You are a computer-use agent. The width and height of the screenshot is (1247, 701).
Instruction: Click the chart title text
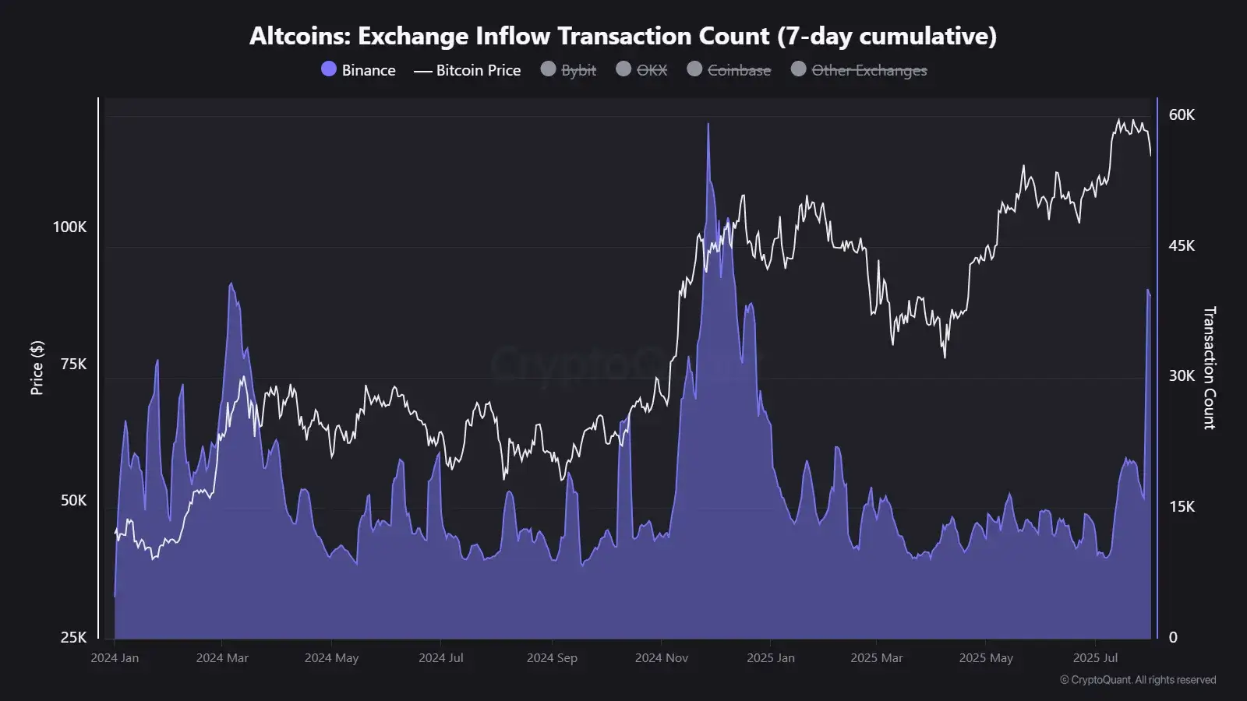[x=623, y=36]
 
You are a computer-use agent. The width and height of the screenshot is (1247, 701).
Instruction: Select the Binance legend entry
[x=359, y=70]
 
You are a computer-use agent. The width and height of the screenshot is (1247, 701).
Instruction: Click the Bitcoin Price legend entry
[x=468, y=70]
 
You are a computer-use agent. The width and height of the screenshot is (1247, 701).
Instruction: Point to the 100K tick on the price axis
[x=69, y=227]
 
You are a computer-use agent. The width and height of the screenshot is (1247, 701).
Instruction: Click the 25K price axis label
[x=73, y=637]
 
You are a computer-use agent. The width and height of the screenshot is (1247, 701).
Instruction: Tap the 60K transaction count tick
[x=1182, y=115]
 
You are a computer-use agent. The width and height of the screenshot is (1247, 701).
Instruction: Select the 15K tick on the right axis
[x=1182, y=507]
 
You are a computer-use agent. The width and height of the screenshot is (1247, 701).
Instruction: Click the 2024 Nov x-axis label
[x=661, y=658]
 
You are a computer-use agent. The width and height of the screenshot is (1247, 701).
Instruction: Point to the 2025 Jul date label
[x=1095, y=658]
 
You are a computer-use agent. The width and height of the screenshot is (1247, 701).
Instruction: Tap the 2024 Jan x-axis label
[x=115, y=658]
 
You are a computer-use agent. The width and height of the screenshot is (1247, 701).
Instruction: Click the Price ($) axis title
[x=37, y=368]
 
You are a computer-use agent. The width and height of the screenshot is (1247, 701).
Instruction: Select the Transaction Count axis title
[x=1209, y=368]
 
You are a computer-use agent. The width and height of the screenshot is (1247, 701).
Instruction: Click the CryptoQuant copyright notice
[x=1137, y=680]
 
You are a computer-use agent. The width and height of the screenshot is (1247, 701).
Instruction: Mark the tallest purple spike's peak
[x=708, y=124]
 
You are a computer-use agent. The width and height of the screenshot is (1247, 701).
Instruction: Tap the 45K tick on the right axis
[x=1182, y=246]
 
